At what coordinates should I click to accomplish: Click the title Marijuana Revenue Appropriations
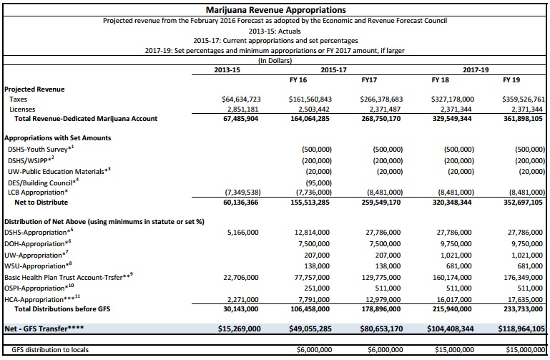[x=275, y=10]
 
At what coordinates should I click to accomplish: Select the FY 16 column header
[x=298, y=80]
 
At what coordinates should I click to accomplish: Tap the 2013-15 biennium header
[x=227, y=70]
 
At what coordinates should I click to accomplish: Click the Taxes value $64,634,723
[x=241, y=99]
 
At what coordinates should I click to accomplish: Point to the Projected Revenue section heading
[x=34, y=89]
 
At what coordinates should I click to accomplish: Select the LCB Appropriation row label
[x=38, y=193]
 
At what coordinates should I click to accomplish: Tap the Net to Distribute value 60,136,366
[x=240, y=203]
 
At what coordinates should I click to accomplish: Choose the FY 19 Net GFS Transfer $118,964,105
[x=521, y=329]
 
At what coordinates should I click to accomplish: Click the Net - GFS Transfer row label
[x=44, y=329]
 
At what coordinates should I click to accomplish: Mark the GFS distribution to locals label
[x=50, y=350]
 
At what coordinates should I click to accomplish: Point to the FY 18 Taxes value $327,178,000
[x=453, y=99]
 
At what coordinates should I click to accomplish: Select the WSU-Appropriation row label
[x=38, y=266]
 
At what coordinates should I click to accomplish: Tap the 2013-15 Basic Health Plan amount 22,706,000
[x=241, y=278]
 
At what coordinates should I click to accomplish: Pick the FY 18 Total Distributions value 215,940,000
[x=452, y=309]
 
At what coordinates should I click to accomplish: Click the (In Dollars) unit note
[x=275, y=60]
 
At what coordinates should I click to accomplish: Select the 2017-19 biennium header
[x=476, y=70]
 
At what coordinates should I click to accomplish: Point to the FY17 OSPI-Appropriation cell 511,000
[x=388, y=288]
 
